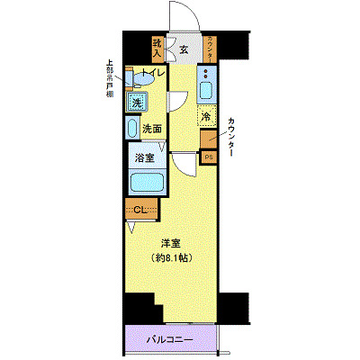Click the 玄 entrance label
click(x=183, y=49)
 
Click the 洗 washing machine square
click(x=137, y=102)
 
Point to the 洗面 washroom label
click(x=150, y=128)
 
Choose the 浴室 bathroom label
click(x=147, y=156)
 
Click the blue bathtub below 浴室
click(x=145, y=183)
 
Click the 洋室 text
click(x=172, y=243)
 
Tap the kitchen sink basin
click(x=206, y=88)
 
